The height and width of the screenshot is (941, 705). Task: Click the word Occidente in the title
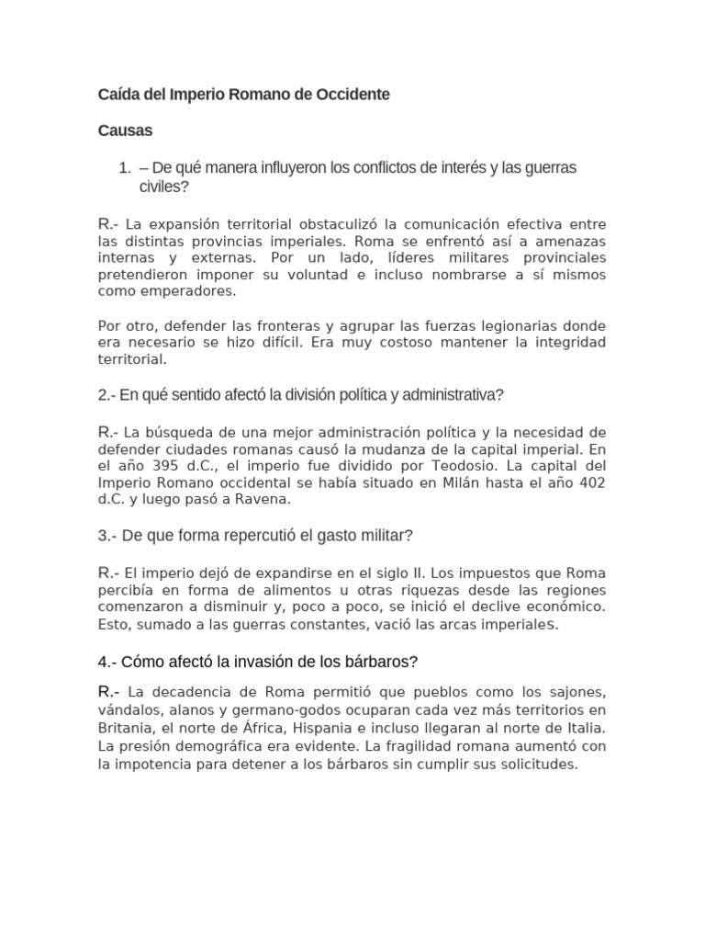click(x=353, y=95)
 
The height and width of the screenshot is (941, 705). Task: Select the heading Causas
click(x=125, y=130)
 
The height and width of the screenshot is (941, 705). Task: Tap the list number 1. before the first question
click(x=126, y=168)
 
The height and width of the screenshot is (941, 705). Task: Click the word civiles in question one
click(x=162, y=187)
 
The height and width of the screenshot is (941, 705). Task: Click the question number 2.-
click(x=110, y=395)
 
